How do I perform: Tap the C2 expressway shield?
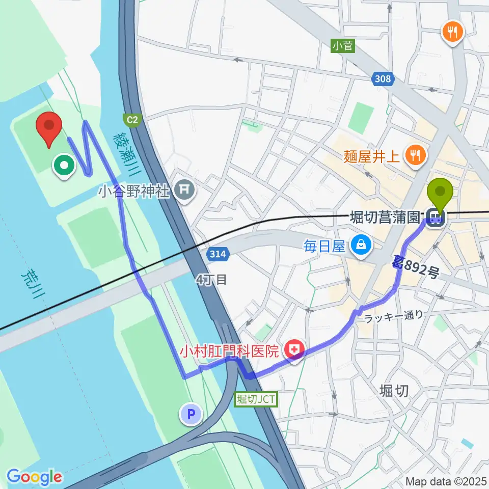click(x=131, y=120)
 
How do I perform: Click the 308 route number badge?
click(x=383, y=78)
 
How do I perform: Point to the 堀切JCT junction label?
click(x=256, y=399)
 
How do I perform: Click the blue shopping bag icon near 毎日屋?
click(x=361, y=246)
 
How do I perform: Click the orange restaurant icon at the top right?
click(x=452, y=33)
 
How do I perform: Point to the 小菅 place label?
click(x=342, y=46)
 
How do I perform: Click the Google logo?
click(x=34, y=477)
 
